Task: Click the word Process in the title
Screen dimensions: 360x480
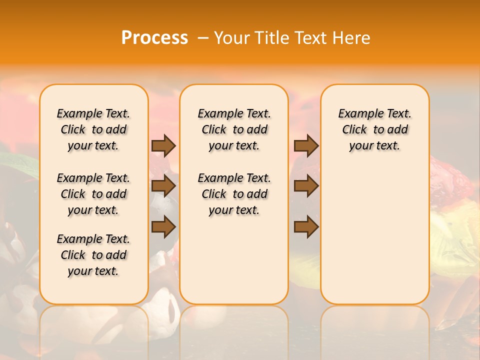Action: (x=154, y=38)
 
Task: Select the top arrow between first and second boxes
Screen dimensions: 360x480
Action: (x=163, y=145)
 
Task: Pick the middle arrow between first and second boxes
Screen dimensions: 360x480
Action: (x=163, y=186)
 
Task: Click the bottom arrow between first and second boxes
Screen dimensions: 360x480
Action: (x=163, y=227)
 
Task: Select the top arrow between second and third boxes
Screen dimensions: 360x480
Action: (x=306, y=145)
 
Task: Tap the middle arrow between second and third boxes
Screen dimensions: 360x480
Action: (x=306, y=186)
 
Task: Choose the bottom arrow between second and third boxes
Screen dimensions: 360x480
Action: (x=306, y=227)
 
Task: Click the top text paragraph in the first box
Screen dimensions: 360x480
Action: (x=93, y=129)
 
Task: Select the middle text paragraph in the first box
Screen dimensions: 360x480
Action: (x=93, y=194)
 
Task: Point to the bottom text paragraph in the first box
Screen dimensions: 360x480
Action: (x=93, y=255)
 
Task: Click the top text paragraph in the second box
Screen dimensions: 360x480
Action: (x=234, y=129)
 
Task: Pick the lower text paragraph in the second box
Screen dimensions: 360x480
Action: (x=234, y=194)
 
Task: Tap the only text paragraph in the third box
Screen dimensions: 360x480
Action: (x=375, y=129)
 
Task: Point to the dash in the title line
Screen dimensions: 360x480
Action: (x=203, y=38)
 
